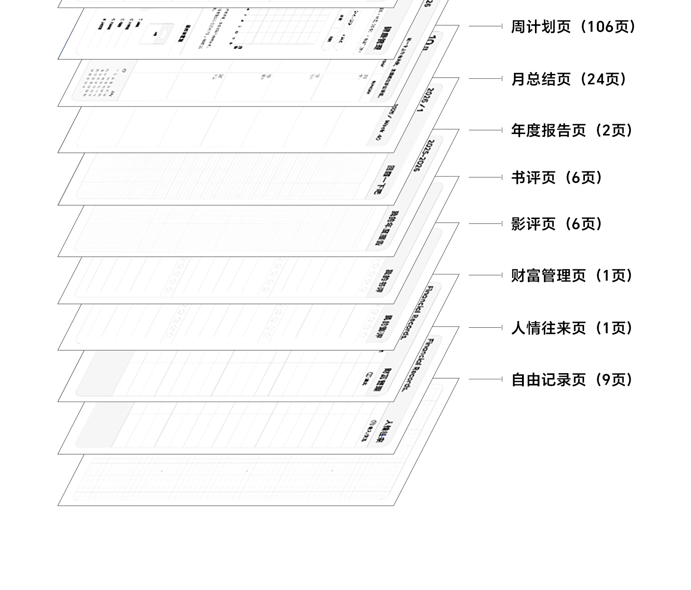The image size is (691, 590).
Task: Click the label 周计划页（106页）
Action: click(x=573, y=27)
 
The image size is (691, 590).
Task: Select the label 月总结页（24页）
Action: click(x=569, y=79)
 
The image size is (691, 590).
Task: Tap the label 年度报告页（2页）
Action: click(x=572, y=131)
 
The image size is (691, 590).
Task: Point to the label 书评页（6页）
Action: click(x=557, y=178)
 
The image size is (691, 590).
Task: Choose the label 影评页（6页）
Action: click(x=557, y=224)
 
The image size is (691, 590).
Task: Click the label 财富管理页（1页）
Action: click(x=572, y=276)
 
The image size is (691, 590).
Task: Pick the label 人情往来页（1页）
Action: click(x=572, y=328)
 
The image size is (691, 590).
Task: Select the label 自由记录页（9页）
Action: click(x=572, y=380)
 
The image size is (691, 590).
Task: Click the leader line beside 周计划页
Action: click(x=485, y=26)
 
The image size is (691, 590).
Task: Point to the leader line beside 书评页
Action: click(x=485, y=177)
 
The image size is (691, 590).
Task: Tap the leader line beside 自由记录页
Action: click(x=485, y=379)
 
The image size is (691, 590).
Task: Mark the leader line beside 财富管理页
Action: click(x=485, y=275)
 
